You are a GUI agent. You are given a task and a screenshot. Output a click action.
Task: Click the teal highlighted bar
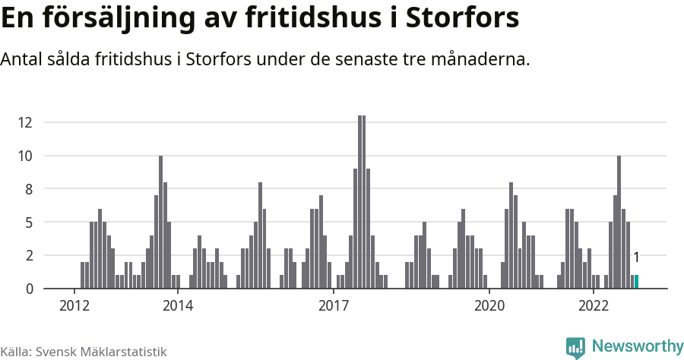pos(637,282)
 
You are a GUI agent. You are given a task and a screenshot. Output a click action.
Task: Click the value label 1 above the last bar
pos(636,258)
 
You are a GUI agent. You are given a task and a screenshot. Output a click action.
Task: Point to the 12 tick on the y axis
pos(25,122)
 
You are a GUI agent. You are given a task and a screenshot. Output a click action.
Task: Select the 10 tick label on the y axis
pos(25,156)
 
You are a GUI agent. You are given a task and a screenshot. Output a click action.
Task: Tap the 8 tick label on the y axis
pos(29,189)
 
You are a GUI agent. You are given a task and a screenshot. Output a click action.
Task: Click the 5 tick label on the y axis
pos(29,223)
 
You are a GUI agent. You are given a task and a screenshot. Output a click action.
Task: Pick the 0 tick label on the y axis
pos(29,289)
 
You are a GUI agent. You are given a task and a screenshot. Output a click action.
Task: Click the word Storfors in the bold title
pos(462,18)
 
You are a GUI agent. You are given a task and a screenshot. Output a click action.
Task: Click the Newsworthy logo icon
pos(575,347)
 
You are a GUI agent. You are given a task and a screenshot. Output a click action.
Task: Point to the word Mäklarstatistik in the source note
pos(126,352)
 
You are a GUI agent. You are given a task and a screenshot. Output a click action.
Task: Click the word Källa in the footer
pos(16,352)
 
